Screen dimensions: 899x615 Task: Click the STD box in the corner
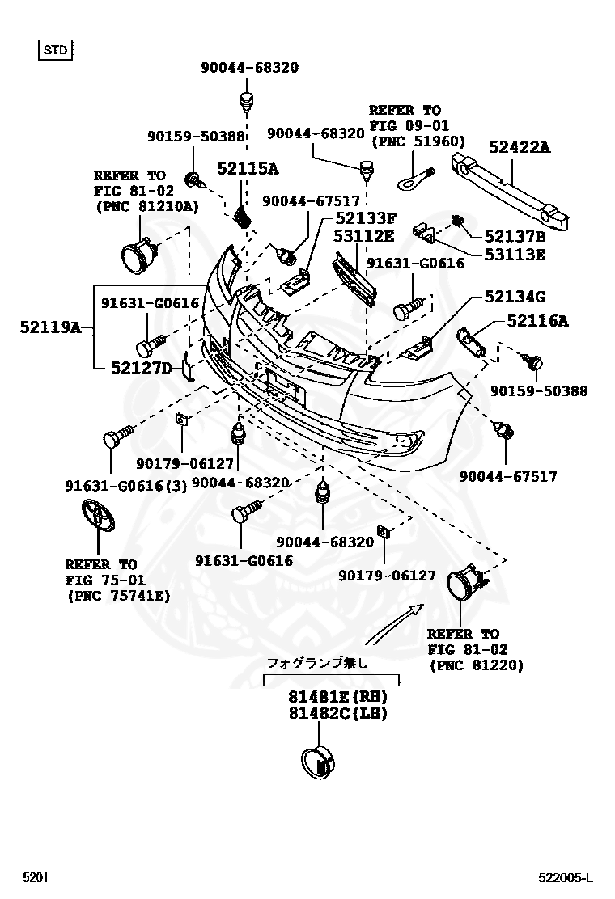(x=56, y=50)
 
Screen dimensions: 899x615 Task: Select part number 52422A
(x=519, y=146)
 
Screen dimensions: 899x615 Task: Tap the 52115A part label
(x=247, y=168)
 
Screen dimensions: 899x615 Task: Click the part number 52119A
(x=50, y=327)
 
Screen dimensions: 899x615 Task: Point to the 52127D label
(x=142, y=369)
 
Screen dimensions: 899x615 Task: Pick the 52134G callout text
(x=515, y=297)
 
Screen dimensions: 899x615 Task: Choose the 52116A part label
(x=537, y=321)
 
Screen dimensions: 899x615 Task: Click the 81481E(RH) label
(x=337, y=696)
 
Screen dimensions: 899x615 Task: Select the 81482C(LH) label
(x=337, y=713)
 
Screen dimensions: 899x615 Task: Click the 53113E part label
(x=515, y=255)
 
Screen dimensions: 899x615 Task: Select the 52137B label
(x=515, y=237)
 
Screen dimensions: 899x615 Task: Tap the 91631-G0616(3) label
(x=125, y=485)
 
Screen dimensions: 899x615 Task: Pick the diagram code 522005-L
(x=566, y=877)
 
